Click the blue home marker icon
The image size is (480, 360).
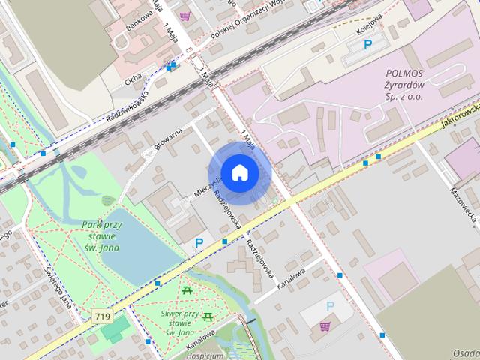click(x=239, y=172)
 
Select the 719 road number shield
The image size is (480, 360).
click(x=103, y=316)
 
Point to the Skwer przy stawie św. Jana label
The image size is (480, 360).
click(x=179, y=322)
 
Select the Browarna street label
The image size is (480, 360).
click(x=169, y=139)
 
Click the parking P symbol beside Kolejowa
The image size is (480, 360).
click(x=367, y=46)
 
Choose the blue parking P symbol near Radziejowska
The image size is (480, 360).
click(x=199, y=243)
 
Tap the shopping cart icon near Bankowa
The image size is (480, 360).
click(x=184, y=16)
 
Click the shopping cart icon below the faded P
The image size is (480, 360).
click(x=325, y=325)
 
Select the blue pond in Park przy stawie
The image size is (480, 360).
click(x=135, y=251)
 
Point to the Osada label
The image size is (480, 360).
click(x=466, y=352)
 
